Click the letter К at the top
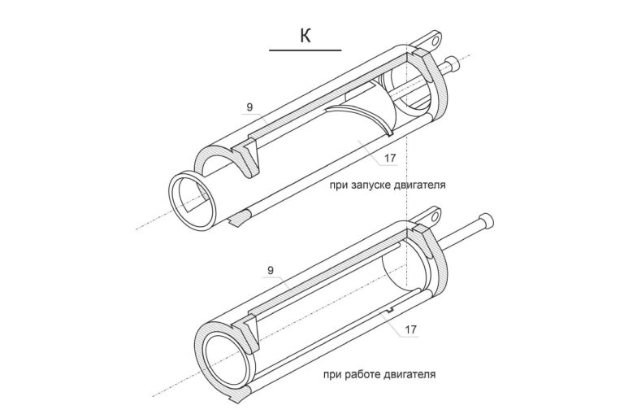[x=305, y=36]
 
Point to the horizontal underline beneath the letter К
[x=305, y=50]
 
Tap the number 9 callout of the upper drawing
[x=249, y=107]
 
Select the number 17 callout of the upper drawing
[x=390, y=158]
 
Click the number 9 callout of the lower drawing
[x=271, y=271]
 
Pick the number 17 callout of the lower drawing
[x=410, y=329]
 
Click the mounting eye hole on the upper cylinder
[x=435, y=40]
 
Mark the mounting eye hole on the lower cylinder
[x=435, y=216]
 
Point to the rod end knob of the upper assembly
[x=453, y=62]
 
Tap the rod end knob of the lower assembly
[x=486, y=220]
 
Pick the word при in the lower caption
[x=332, y=375]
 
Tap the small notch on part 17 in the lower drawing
[x=389, y=310]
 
